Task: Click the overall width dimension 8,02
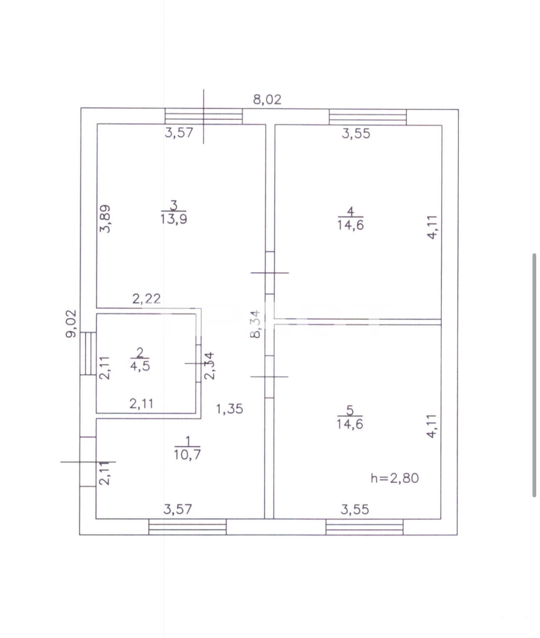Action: coord(267,100)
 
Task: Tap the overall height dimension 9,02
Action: coord(71,324)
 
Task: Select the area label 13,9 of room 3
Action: coord(173,219)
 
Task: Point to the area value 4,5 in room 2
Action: coord(140,366)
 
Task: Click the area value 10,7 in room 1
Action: coord(187,455)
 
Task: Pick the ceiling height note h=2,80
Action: coord(395,478)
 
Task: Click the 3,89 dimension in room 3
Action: coord(105,219)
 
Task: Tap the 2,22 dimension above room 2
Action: coord(146,299)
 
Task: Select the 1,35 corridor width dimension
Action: coord(229,409)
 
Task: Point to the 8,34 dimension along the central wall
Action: coord(255,324)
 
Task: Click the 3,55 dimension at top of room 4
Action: coord(356,134)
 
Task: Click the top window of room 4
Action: coord(368,117)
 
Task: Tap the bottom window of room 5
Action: coord(365,527)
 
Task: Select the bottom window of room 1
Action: coord(187,527)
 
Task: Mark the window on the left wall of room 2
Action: coord(88,353)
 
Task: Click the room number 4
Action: coord(350,211)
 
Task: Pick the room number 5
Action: coord(350,411)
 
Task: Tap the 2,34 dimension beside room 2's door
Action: coord(210,366)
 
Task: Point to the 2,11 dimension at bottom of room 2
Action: coord(141,404)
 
